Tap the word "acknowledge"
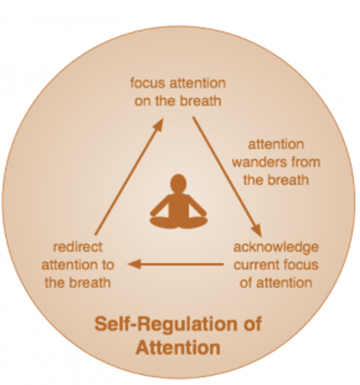(276, 247)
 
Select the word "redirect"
(78, 247)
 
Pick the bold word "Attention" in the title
(178, 348)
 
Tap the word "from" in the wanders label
(305, 162)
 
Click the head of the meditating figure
(178, 183)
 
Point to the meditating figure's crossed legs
(179, 222)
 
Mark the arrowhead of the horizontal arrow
(134, 264)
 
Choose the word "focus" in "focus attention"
(148, 83)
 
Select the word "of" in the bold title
(253, 324)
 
